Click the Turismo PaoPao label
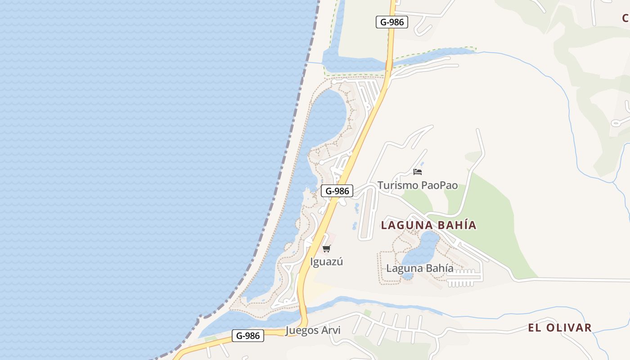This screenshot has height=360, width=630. pyautogui.click(x=417, y=185)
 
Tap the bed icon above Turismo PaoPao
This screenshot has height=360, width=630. pyautogui.click(x=418, y=172)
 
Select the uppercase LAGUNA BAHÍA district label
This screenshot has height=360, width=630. pyautogui.click(x=428, y=225)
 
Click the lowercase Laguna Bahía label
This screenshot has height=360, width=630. pyautogui.click(x=420, y=269)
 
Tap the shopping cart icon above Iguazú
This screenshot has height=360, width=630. pyautogui.click(x=327, y=248)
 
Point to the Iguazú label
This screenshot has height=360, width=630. pyautogui.click(x=327, y=261)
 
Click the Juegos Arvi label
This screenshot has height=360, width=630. pyautogui.click(x=313, y=330)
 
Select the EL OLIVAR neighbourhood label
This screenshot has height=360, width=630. pyautogui.click(x=560, y=328)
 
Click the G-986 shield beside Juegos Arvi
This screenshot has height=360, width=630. pyautogui.click(x=248, y=336)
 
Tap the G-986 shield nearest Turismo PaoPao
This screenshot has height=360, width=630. pyautogui.click(x=337, y=191)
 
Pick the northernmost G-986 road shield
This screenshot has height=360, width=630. pyautogui.click(x=392, y=22)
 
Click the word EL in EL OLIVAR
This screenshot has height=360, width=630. pyautogui.click(x=534, y=328)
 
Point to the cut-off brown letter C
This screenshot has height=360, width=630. pyautogui.click(x=625, y=18)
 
